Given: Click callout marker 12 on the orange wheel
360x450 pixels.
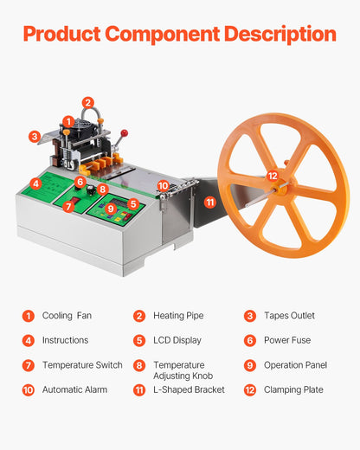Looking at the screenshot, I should tap(273, 176).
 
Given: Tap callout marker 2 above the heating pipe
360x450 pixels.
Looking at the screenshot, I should tap(88, 102).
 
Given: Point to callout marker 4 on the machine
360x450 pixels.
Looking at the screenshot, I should tap(35, 183).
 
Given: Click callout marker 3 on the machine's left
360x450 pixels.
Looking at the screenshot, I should tap(34, 136).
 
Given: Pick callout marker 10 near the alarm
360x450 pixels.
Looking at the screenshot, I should tap(163, 185).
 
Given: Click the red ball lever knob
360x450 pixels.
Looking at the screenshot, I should tap(125, 133).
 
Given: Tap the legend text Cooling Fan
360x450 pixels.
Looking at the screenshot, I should tap(67, 316).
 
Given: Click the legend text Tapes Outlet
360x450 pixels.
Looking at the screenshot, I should tap(289, 316).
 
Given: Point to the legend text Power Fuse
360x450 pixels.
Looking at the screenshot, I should tap(287, 340).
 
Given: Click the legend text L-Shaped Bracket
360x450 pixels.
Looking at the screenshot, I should tap(189, 389).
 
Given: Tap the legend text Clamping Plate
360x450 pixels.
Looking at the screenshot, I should tap(293, 389).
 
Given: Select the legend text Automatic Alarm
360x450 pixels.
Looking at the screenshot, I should tap(74, 389).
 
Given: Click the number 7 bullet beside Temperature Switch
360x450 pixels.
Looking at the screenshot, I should tap(29, 365).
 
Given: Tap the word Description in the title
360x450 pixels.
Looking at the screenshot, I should tap(280, 35).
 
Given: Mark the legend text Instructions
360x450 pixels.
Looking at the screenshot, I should tap(65, 340).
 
